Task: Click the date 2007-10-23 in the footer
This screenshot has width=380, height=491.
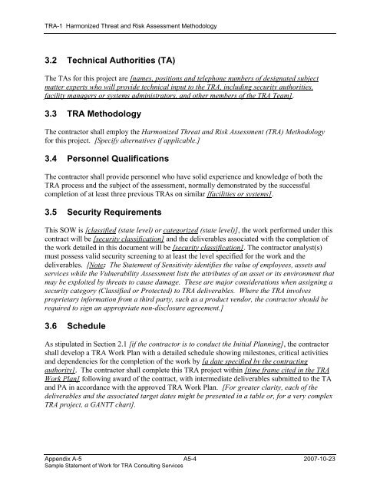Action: [x=335, y=458]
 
